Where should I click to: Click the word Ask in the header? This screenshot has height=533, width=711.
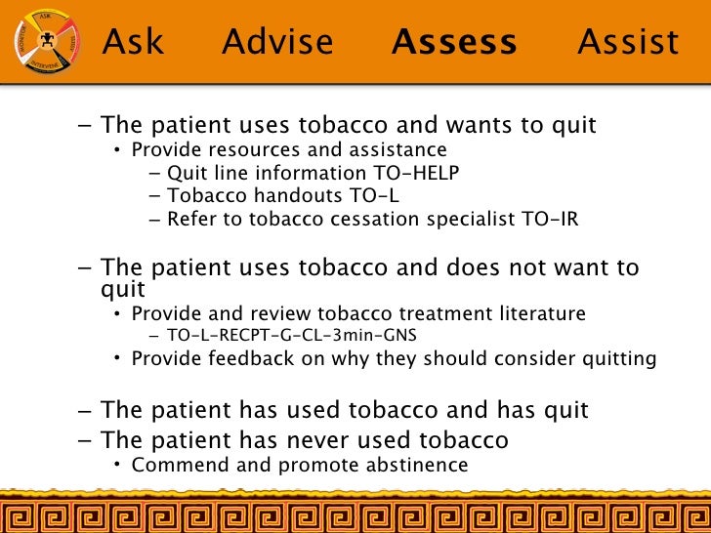coord(134,42)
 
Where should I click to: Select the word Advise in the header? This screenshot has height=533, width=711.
coord(277,42)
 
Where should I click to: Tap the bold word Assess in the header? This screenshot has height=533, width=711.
coord(454,42)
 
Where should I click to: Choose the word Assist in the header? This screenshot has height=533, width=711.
coord(628,42)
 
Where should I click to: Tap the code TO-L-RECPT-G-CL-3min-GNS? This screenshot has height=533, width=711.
coord(292,336)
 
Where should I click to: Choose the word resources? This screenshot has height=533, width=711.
coord(244,150)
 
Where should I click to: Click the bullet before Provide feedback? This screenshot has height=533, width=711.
coord(116,358)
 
